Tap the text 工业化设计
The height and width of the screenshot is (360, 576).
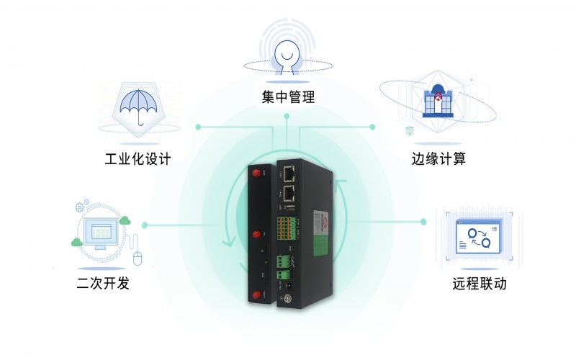[138, 158]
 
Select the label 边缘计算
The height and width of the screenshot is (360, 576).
[435, 158]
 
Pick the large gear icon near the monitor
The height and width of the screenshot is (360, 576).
[80, 207]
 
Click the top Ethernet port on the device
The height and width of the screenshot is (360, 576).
[290, 173]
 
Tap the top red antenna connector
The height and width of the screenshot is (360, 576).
[256, 173]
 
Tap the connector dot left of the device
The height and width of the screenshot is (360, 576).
[145, 225]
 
